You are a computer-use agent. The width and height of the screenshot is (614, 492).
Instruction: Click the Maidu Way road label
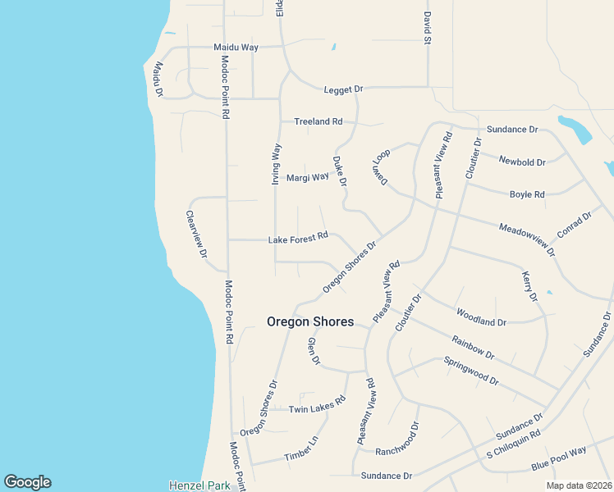point(236,48)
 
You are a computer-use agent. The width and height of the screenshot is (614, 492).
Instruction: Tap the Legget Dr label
point(343,89)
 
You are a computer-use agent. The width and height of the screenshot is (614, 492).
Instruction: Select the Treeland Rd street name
point(318,121)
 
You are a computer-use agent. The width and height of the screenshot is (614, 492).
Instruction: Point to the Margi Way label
point(307,177)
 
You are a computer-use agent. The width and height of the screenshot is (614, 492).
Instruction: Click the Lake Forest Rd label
point(298,239)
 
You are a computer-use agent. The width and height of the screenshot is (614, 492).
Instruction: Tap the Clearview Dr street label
point(195,235)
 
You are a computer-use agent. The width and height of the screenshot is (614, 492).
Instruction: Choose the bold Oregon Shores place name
point(310,322)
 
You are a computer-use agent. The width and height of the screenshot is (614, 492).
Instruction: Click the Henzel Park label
point(199,485)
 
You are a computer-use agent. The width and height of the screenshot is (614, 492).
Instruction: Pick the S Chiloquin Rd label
point(513,444)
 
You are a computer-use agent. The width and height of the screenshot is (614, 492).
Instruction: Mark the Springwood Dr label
point(470,371)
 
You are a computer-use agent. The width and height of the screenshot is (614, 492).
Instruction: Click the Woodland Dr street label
point(480,317)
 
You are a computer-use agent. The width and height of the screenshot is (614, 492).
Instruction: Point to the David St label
point(428,27)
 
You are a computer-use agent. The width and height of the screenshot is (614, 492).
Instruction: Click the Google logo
point(27,482)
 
